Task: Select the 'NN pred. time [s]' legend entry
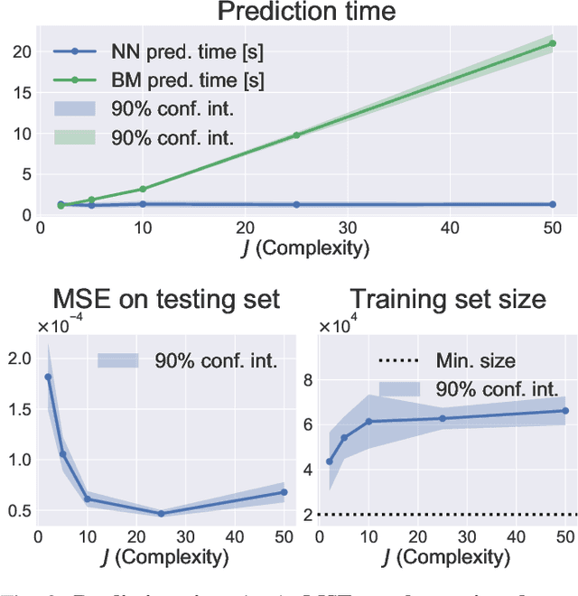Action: click(x=181, y=52)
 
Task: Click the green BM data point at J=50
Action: click(x=552, y=42)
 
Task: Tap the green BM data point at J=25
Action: click(x=296, y=135)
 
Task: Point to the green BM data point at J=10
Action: click(x=142, y=190)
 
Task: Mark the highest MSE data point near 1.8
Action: click(x=48, y=377)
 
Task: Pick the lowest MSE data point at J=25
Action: click(x=162, y=514)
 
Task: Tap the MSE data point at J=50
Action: click(x=284, y=492)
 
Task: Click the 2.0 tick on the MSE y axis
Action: click(x=18, y=359)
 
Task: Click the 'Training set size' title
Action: click(x=447, y=298)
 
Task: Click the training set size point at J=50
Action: click(x=565, y=411)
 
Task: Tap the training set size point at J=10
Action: click(x=368, y=422)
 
